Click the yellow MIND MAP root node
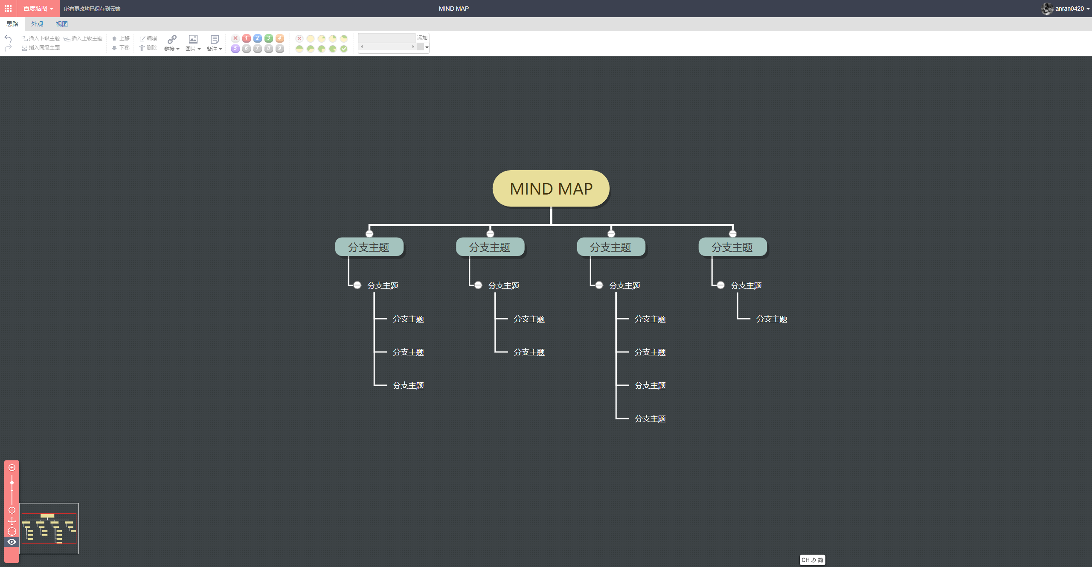coord(551,189)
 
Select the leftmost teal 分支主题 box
coord(369,247)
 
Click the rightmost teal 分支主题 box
coord(732,247)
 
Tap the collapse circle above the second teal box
coord(490,234)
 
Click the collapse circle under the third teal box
coord(599,285)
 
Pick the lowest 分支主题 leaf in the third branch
coord(650,419)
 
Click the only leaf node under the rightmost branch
coord(772,319)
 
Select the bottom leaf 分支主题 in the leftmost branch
coord(408,386)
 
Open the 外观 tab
coord(37,24)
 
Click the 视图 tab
coord(62,24)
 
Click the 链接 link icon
coord(172,39)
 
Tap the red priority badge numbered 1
coord(247,38)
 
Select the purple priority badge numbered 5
coord(235,49)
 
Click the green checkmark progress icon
coord(344,49)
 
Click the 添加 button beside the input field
coord(422,38)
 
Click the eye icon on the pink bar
coord(12,542)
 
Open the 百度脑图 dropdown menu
coord(38,9)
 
